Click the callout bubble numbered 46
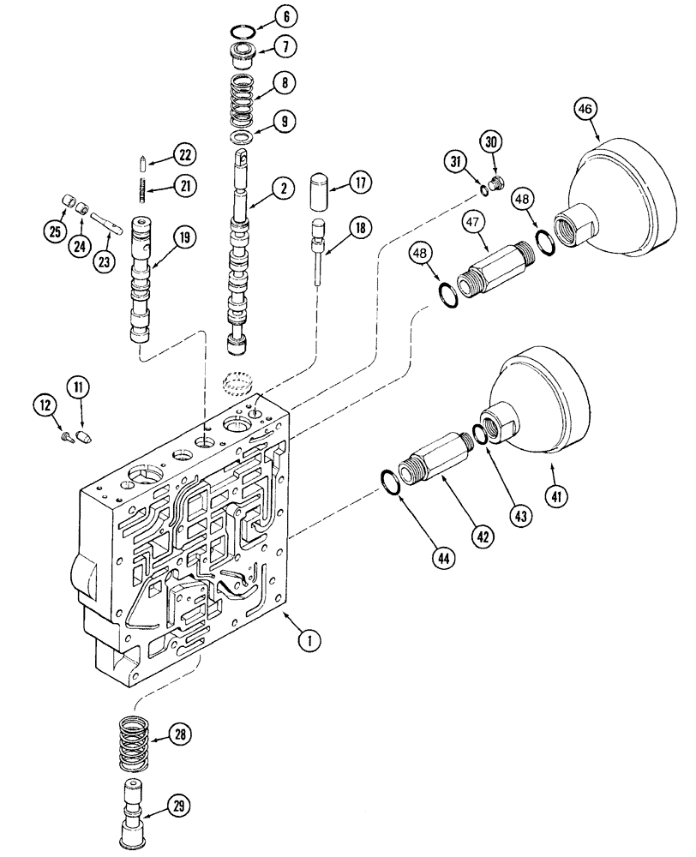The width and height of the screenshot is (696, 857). tap(587, 109)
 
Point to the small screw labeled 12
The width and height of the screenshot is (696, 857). tap(67, 436)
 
